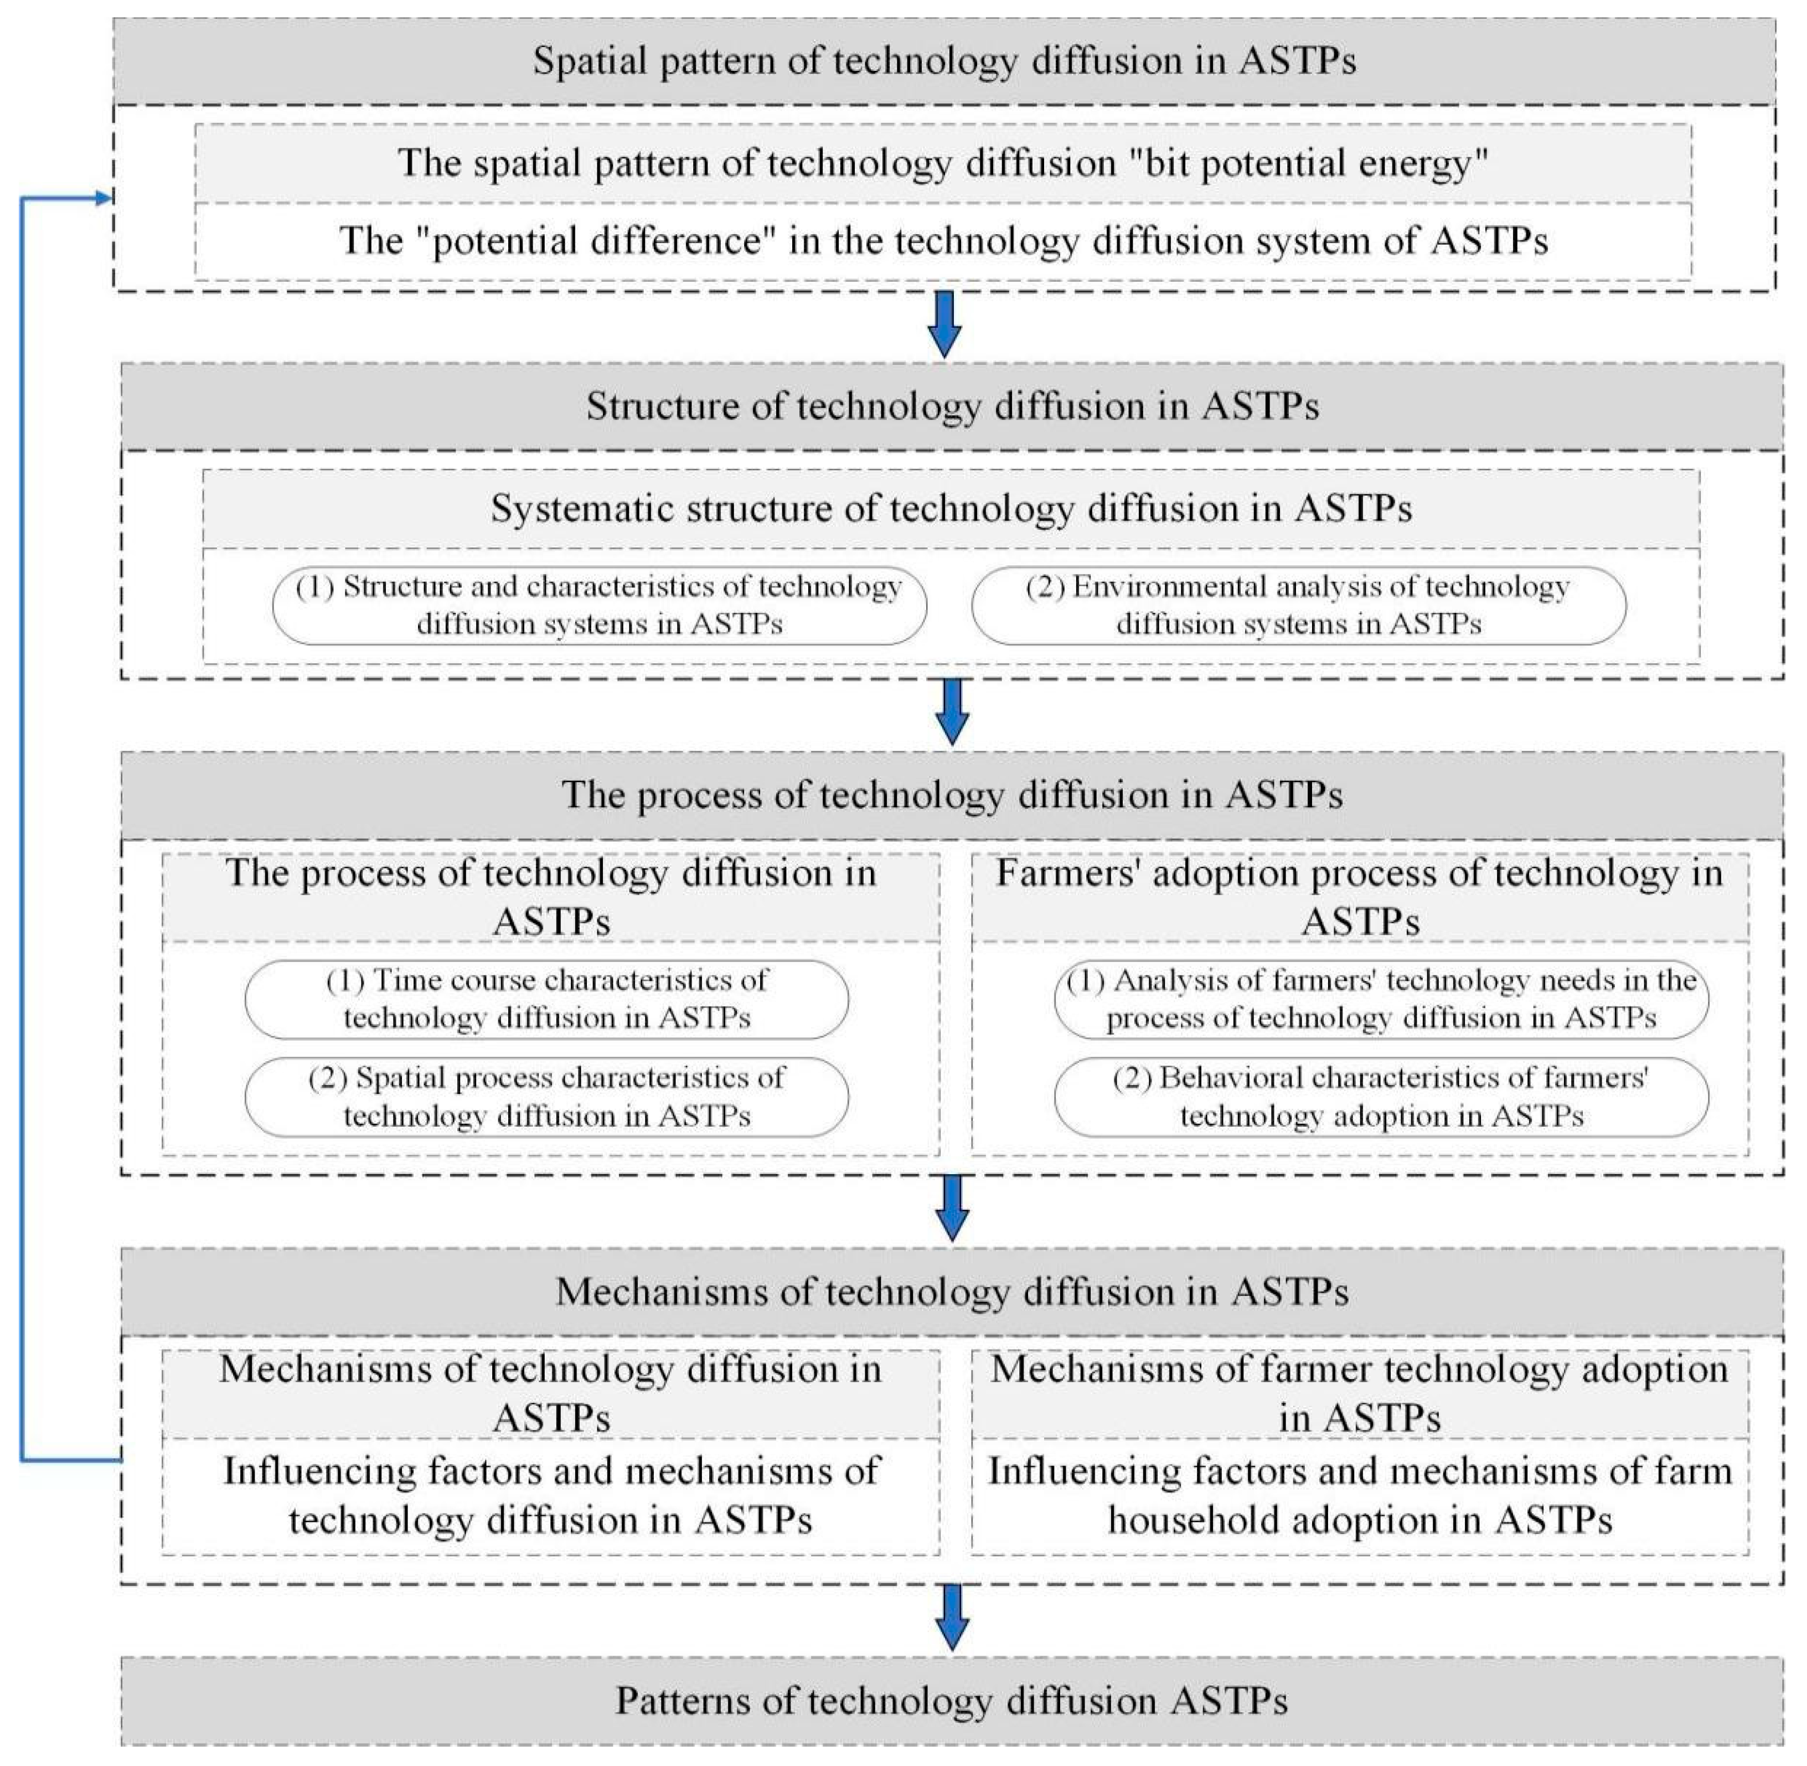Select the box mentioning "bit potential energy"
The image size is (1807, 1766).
[x=942, y=163]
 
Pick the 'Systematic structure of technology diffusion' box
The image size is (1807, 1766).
[x=951, y=508]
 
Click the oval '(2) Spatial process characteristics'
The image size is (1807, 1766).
[x=546, y=1097]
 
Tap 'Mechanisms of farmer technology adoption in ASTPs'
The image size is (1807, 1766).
[x=1359, y=1393]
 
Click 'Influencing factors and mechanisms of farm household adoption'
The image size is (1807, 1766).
[x=1359, y=1495]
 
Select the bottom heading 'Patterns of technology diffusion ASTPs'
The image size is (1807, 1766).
[x=952, y=1701]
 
